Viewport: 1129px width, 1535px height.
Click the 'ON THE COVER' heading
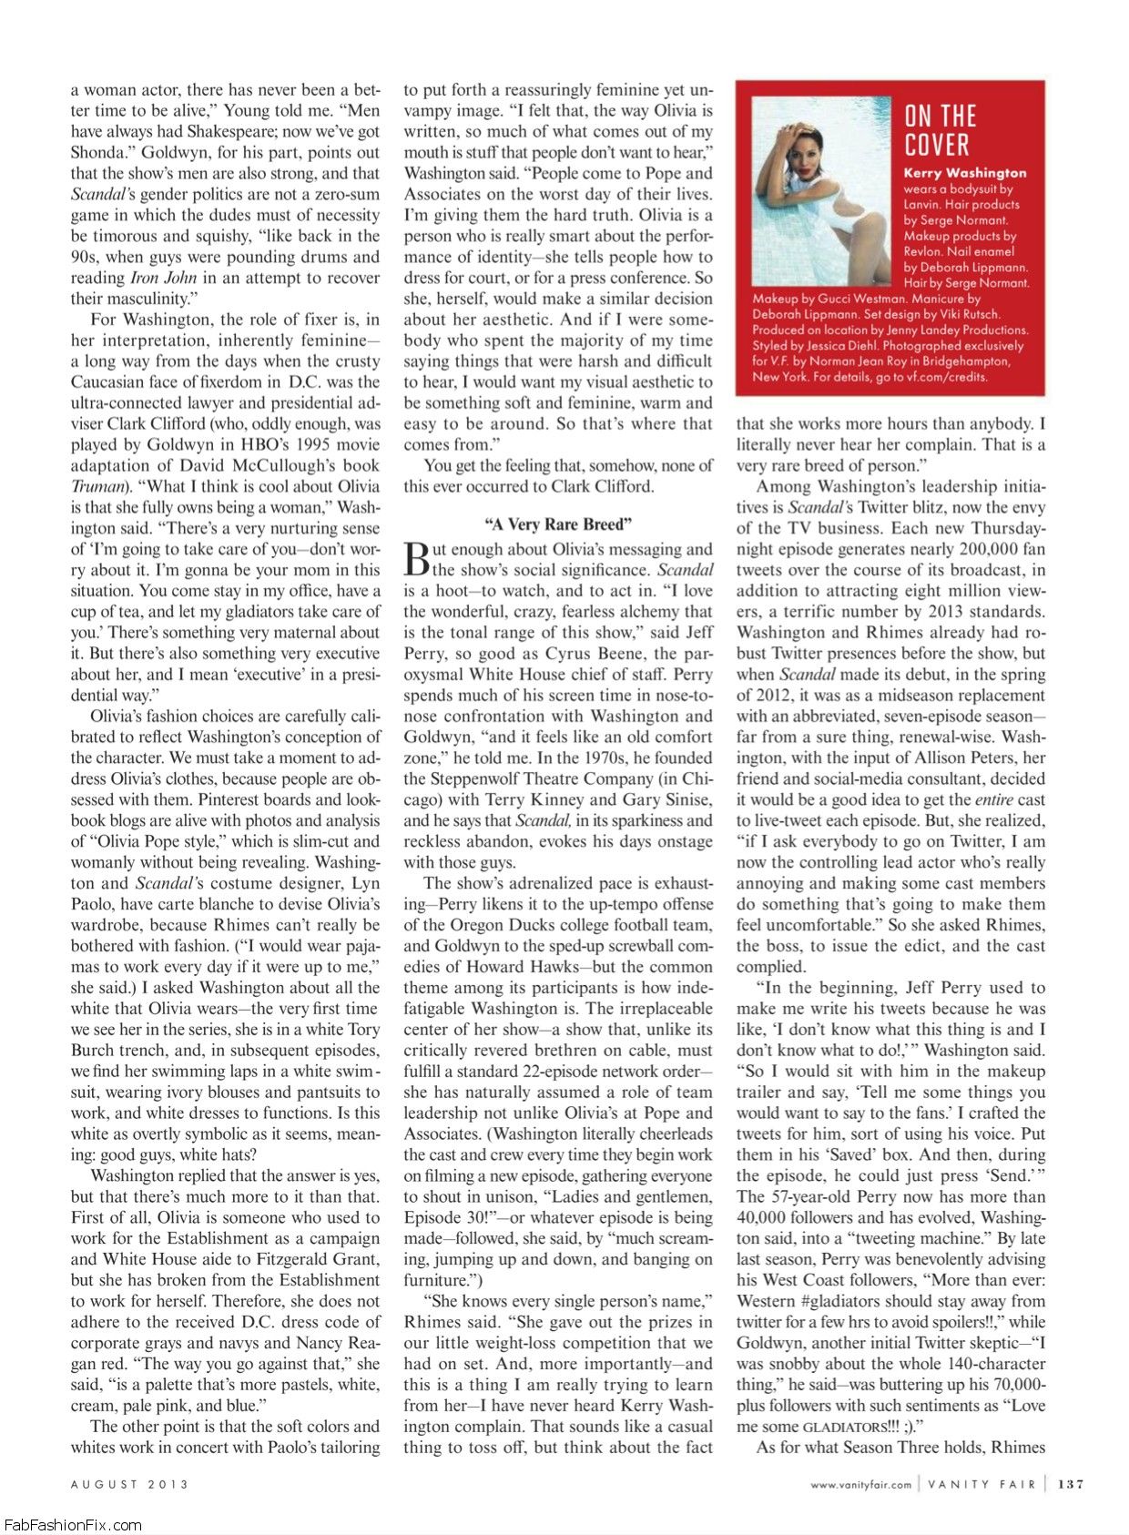click(x=941, y=130)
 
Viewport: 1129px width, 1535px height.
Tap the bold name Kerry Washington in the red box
click(x=964, y=173)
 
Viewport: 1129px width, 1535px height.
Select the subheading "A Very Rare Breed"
click(x=558, y=524)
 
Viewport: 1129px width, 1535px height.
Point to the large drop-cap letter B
click(x=415, y=559)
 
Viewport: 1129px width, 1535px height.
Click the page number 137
click(x=1071, y=1484)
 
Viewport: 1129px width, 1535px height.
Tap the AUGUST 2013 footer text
click(x=129, y=1484)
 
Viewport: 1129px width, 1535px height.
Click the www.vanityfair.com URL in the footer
click(x=860, y=1485)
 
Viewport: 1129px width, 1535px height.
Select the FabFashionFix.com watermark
click(x=72, y=1525)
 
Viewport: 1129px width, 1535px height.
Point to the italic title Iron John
click(x=164, y=278)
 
